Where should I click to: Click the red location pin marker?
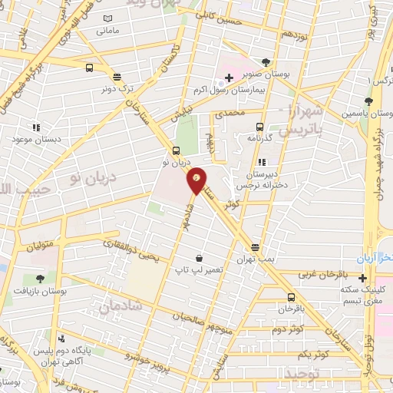197,180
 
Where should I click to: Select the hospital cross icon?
229,78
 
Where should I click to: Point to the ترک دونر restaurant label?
116,88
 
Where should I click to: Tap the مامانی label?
107,31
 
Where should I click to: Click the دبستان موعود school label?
35,139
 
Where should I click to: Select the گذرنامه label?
260,137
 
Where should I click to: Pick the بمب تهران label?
255,259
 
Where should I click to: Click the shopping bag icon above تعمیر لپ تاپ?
199,258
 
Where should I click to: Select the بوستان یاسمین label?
369,113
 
